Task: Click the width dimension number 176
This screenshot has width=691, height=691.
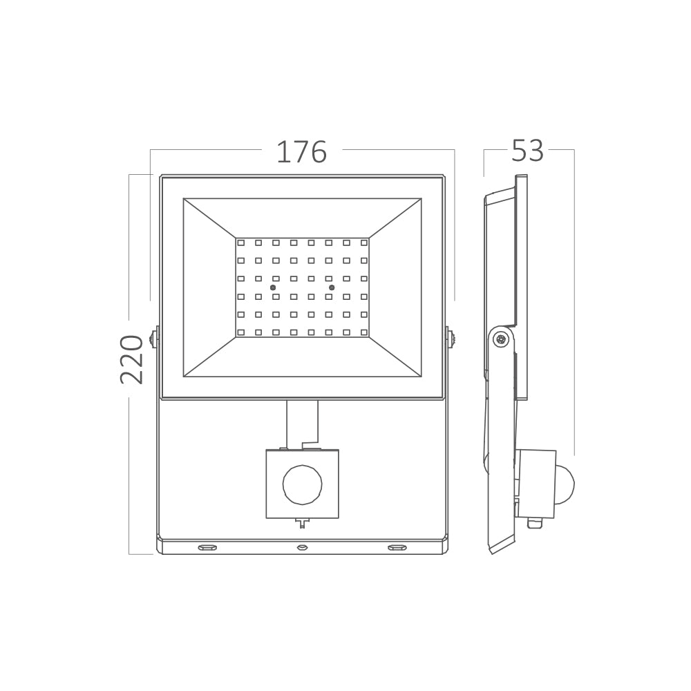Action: pos(301,151)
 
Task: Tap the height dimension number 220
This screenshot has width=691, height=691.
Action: pos(131,359)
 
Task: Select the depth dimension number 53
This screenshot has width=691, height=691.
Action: pos(528,151)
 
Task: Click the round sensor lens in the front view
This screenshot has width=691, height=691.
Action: pos(302,484)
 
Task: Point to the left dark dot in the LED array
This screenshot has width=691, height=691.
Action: pos(272,287)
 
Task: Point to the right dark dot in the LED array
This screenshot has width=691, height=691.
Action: pos(332,287)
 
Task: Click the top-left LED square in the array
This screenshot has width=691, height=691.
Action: pos(240,243)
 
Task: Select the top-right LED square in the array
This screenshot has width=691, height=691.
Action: pos(363,243)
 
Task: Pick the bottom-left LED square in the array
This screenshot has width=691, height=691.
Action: pos(240,332)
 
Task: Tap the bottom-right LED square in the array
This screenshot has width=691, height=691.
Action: pos(363,332)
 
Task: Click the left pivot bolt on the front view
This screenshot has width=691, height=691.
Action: pos(153,339)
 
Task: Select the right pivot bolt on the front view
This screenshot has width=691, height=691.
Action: pos(451,339)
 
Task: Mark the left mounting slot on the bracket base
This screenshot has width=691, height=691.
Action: pos(207,548)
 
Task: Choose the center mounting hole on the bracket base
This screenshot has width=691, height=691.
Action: pos(302,548)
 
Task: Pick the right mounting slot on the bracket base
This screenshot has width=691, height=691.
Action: pos(397,548)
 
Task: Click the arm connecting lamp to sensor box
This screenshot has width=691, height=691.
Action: pos(302,424)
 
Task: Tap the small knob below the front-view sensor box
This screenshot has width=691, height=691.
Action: pos(302,523)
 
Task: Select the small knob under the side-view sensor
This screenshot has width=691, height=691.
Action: pos(533,523)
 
